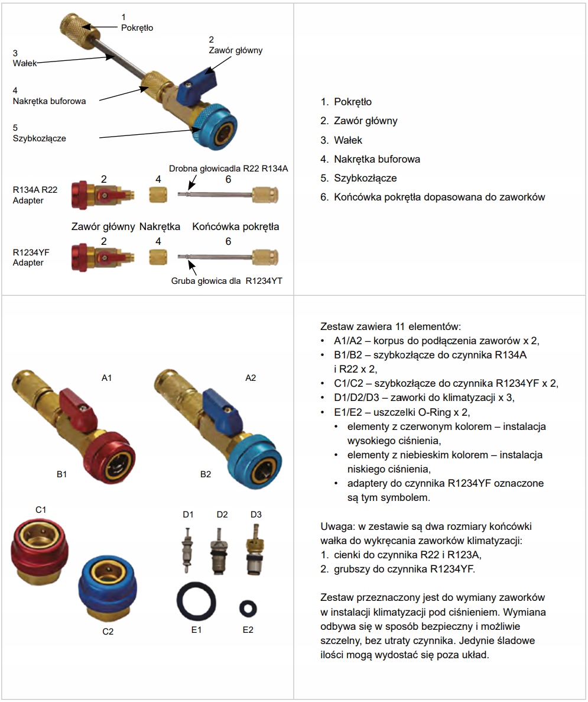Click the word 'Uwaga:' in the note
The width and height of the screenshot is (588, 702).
(x=334, y=526)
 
